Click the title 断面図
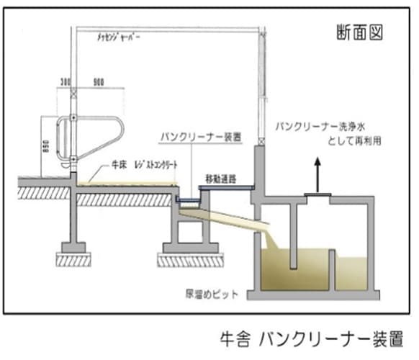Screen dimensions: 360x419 359,31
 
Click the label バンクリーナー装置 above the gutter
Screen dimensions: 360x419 199,137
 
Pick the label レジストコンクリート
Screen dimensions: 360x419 153,166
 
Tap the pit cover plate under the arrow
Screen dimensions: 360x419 315,194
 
